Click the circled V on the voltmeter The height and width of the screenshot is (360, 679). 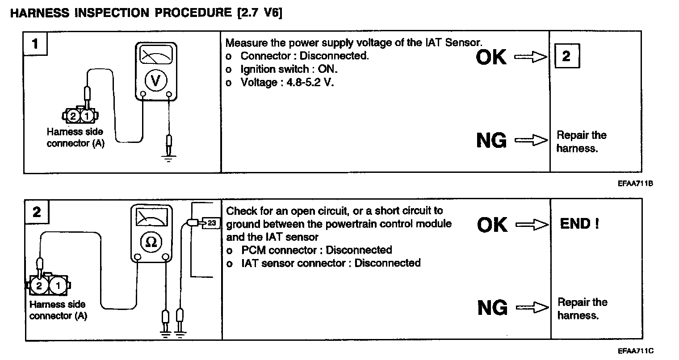point(155,80)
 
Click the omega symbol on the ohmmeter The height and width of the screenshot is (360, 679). point(151,242)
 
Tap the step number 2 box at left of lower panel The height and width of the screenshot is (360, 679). point(37,211)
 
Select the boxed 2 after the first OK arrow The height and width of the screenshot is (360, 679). point(566,56)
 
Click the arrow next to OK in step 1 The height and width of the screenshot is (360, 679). point(531,57)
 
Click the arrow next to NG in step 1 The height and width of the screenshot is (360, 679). point(531,141)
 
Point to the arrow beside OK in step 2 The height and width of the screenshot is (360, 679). point(532,225)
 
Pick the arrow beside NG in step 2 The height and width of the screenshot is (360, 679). point(532,308)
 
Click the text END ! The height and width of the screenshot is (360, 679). point(579,224)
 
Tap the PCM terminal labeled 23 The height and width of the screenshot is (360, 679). point(211,222)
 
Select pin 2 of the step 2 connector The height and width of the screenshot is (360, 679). point(39,286)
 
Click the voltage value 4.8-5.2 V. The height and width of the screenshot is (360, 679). point(310,83)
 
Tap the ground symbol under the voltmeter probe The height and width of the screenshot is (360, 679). point(168,158)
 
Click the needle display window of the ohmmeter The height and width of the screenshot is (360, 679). point(151,218)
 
